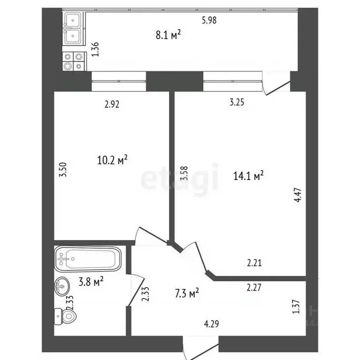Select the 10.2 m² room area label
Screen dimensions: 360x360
pos(112,161)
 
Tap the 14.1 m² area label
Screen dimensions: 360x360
pos(248,176)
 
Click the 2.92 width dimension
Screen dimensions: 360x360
pos(112,105)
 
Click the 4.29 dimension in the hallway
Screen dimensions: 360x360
pos(212,323)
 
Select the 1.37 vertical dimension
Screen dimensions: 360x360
pos(296,307)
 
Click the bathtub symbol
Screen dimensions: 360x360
pos(88,259)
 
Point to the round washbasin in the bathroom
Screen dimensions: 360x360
pos(61,285)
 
